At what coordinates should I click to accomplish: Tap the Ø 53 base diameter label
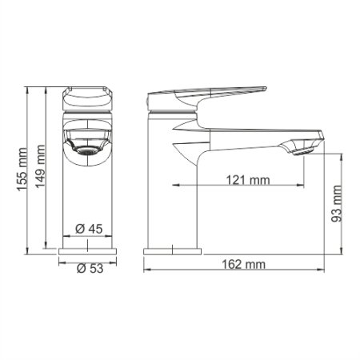(88, 269)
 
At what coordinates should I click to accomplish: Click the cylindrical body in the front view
(89, 200)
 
